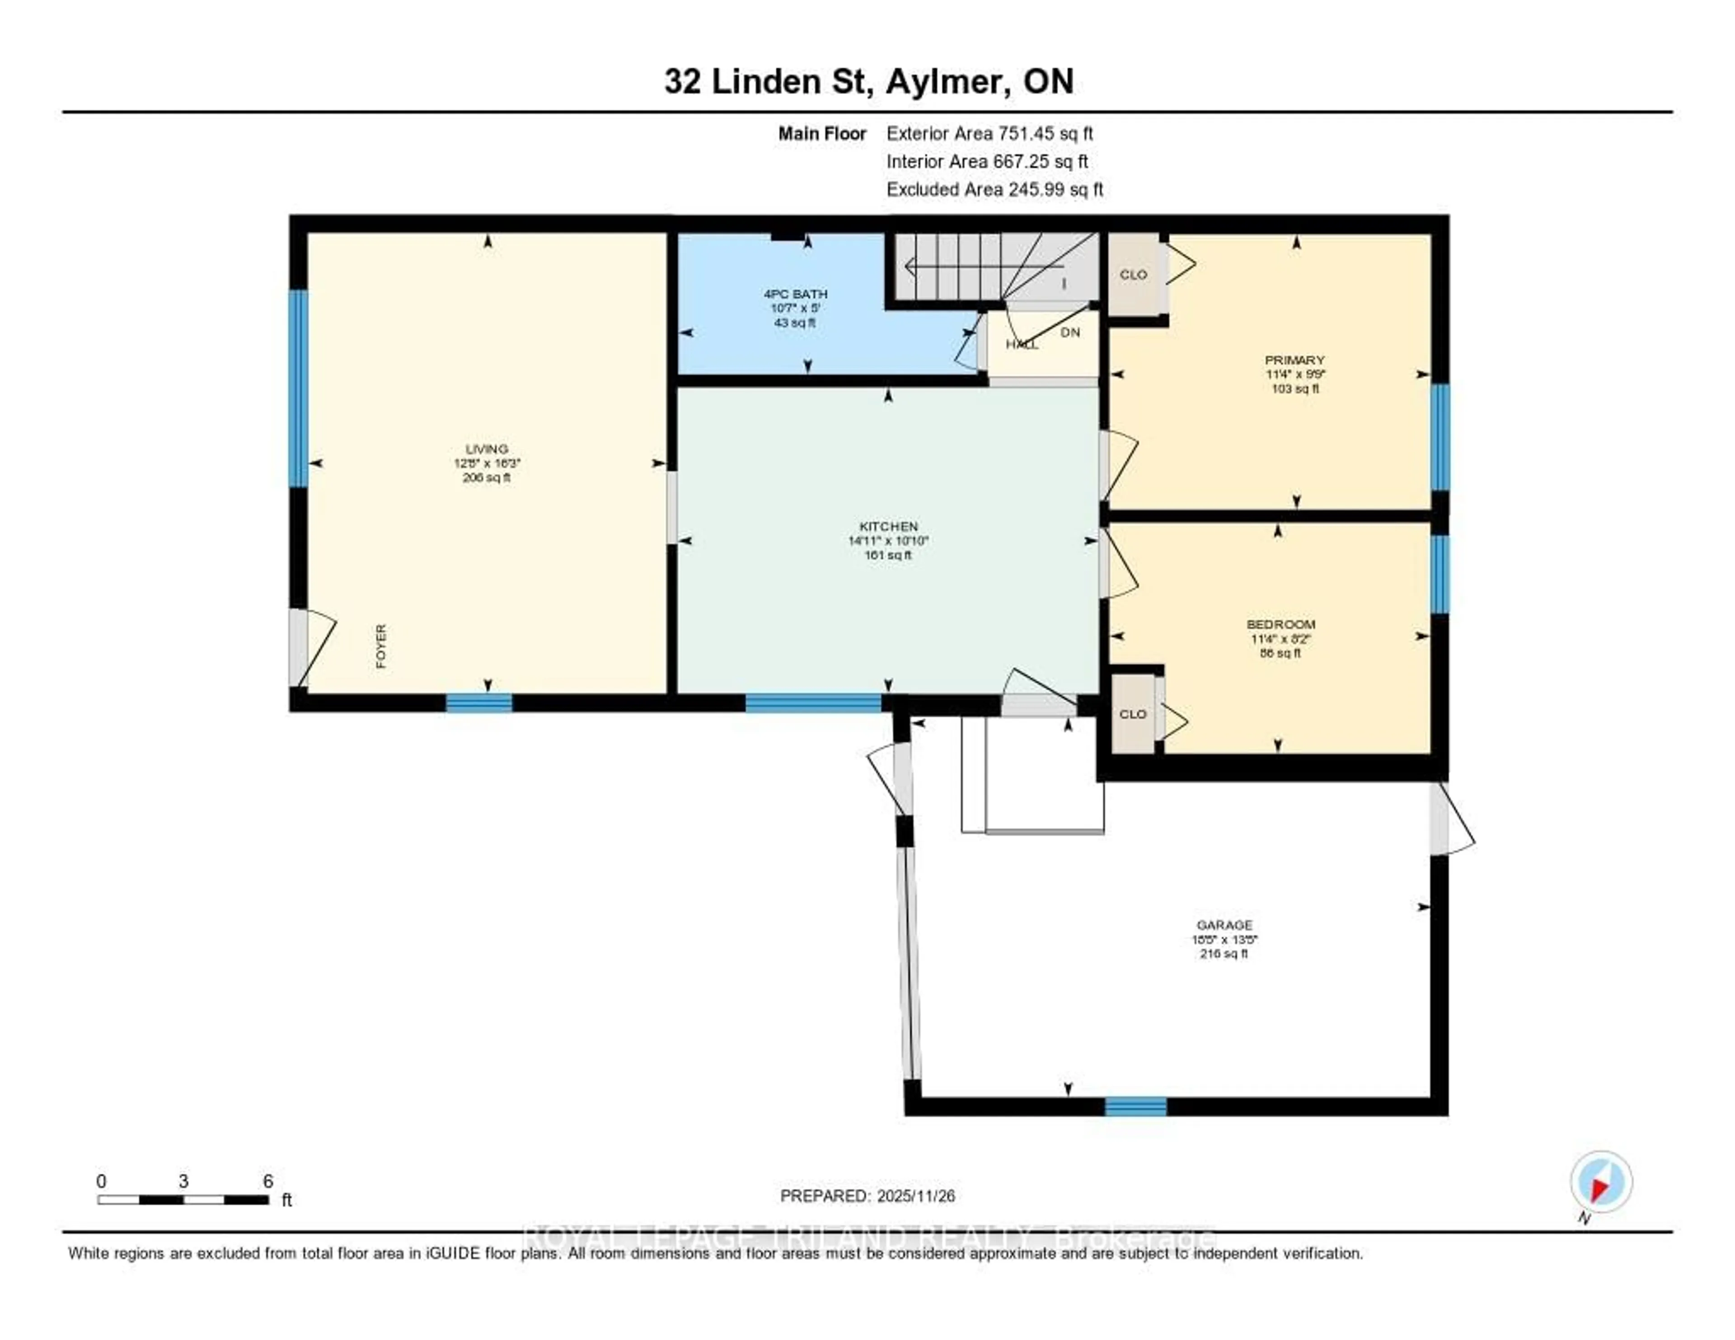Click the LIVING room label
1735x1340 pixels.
[486, 449]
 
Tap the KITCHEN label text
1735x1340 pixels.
[888, 527]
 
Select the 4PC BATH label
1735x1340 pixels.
[795, 294]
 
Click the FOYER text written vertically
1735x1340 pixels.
[381, 646]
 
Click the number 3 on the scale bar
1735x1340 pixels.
[183, 1181]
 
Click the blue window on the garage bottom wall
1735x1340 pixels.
[1135, 1106]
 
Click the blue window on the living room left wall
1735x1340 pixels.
[298, 388]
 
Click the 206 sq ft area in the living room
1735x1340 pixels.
[486, 478]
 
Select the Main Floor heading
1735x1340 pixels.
[821, 133]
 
